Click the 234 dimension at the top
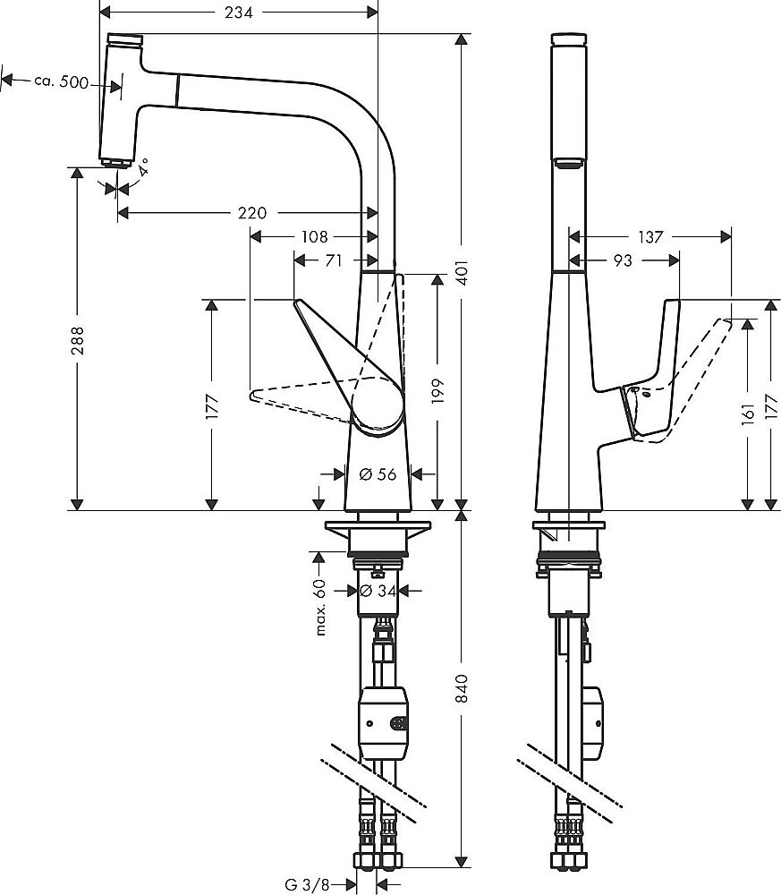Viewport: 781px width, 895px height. point(238,13)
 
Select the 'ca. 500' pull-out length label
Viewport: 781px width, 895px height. point(61,81)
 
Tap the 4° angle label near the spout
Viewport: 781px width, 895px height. point(142,166)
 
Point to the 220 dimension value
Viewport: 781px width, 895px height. point(252,213)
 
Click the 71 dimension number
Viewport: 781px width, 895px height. point(334,260)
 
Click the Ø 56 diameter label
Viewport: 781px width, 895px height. point(378,474)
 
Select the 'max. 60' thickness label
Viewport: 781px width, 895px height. point(319,608)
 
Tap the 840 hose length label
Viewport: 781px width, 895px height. point(463,686)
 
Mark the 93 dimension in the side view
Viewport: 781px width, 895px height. point(624,260)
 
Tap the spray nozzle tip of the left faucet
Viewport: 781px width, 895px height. point(115,163)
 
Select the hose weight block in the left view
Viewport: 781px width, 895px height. point(386,720)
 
